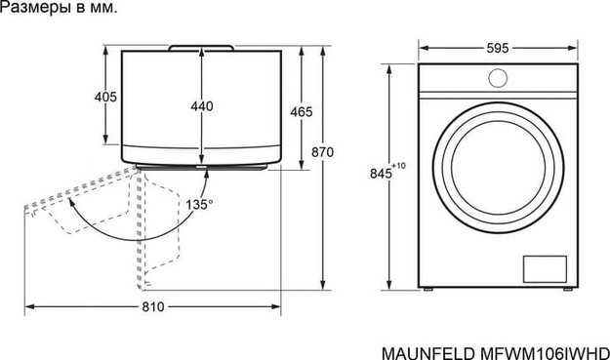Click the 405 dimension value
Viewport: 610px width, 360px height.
pos(106,97)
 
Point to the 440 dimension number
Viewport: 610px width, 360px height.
pos(202,106)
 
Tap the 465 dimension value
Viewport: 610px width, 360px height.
pos(302,112)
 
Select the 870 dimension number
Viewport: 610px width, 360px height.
pos(323,152)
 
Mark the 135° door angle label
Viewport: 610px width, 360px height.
pos(199,205)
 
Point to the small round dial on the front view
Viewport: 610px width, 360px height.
pos(496,79)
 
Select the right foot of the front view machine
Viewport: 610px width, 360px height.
pos(564,292)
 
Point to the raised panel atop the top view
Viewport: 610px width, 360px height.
pos(201,46)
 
